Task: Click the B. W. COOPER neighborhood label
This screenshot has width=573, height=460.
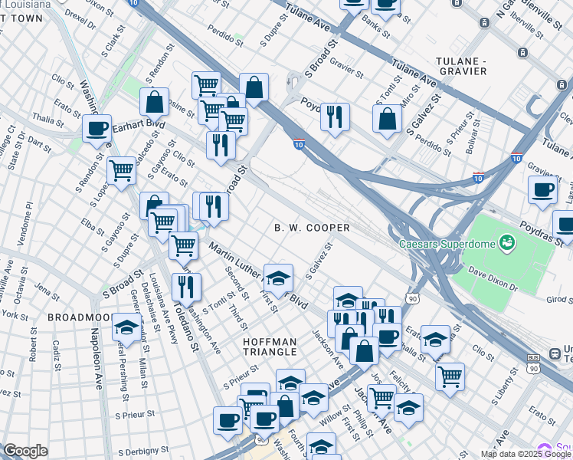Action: pyautogui.click(x=312, y=228)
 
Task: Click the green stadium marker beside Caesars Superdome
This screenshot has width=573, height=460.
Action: pyautogui.click(x=505, y=244)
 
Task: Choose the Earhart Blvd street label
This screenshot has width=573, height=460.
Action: pyautogui.click(x=139, y=124)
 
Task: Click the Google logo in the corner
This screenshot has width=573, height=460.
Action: pyautogui.click(x=25, y=451)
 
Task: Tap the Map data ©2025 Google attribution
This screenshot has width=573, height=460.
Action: pyautogui.click(x=526, y=454)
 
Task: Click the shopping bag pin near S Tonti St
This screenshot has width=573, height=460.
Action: pyautogui.click(x=388, y=117)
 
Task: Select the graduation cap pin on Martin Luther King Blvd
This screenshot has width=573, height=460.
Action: pyautogui.click(x=278, y=278)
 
